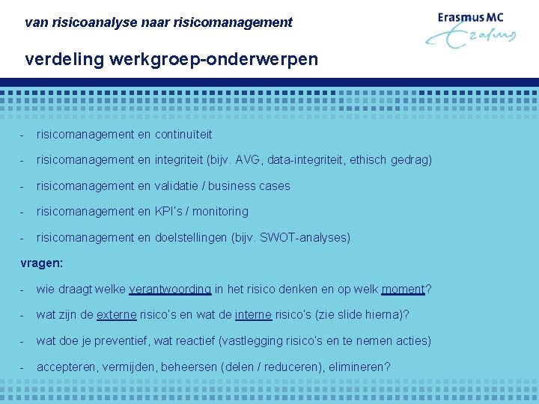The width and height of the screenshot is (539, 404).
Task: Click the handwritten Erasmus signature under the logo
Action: pos(472,37)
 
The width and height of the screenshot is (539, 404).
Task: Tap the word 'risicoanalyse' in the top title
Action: pos(88,22)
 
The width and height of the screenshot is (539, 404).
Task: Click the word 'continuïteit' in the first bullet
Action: pos(183,135)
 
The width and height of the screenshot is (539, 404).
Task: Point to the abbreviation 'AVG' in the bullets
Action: pos(247,160)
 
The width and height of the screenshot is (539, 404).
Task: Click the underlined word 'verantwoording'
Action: pos(170,290)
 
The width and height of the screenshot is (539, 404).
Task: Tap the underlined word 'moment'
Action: pos(403,290)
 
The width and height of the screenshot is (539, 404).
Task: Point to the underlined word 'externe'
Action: pos(117,315)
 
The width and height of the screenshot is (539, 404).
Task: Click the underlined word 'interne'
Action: pos(253,315)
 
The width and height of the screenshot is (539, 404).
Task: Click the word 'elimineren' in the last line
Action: pos(355,367)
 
